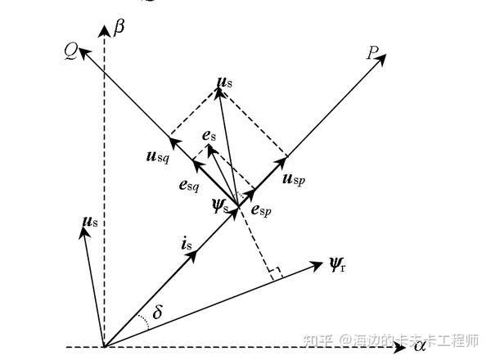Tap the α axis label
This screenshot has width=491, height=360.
(419, 347)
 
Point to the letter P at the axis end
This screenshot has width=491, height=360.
(372, 54)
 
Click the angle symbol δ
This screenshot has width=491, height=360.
(158, 313)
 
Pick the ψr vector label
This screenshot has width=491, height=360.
(337, 264)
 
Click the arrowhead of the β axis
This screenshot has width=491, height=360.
(104, 31)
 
